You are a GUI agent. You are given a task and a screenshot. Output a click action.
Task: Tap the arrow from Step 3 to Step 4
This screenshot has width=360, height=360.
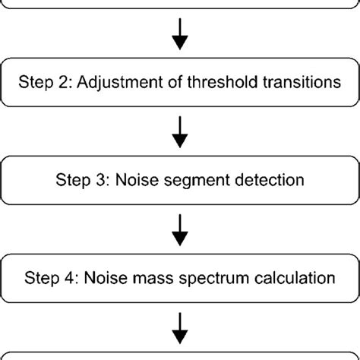pos(180,232)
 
